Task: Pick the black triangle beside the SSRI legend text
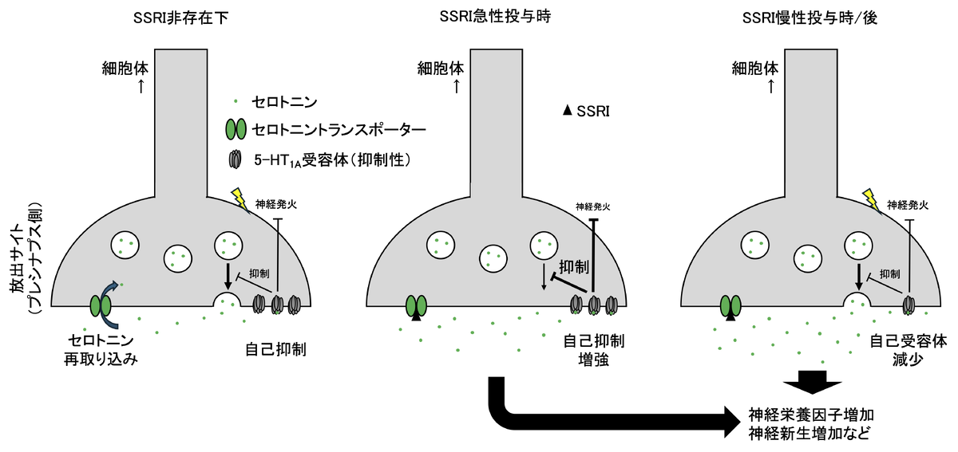tap(568, 111)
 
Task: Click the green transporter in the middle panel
tap(417, 305)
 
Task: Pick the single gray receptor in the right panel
tap(909, 305)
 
